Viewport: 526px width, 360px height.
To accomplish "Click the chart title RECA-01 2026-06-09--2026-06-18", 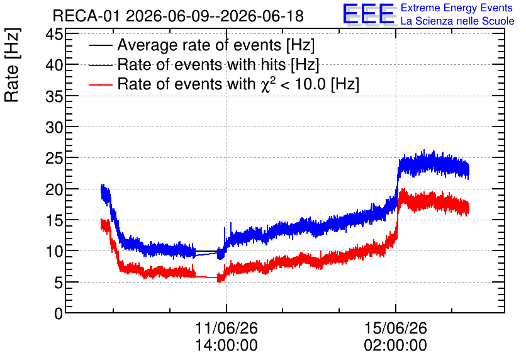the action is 178,16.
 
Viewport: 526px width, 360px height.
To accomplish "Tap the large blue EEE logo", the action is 368,14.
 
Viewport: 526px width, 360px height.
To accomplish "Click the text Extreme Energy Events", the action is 457,8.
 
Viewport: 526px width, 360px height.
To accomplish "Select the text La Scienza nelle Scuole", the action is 457,21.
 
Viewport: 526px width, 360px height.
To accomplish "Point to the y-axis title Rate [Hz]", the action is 12,65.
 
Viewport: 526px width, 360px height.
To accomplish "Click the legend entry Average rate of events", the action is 216,45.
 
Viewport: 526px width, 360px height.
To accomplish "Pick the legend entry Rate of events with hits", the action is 218,64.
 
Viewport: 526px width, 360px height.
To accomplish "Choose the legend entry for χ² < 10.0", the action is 238,84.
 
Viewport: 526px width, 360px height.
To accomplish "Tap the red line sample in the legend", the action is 100,84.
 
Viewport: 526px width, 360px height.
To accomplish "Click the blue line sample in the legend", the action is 100,65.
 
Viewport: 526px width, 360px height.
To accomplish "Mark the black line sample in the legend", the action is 100,45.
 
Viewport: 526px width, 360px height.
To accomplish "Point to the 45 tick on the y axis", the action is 54,33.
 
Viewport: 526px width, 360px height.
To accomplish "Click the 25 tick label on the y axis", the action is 54,158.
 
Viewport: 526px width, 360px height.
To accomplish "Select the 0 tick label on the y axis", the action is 59,313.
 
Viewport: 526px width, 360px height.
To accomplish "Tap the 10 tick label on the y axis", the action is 54,251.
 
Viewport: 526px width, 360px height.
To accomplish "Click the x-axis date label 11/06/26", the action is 227,328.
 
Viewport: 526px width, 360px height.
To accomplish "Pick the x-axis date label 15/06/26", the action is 396,328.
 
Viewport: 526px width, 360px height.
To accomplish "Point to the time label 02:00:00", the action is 396,346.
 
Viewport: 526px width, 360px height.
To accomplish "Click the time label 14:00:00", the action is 227,346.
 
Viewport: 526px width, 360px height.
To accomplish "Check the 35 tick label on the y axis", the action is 54,96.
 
